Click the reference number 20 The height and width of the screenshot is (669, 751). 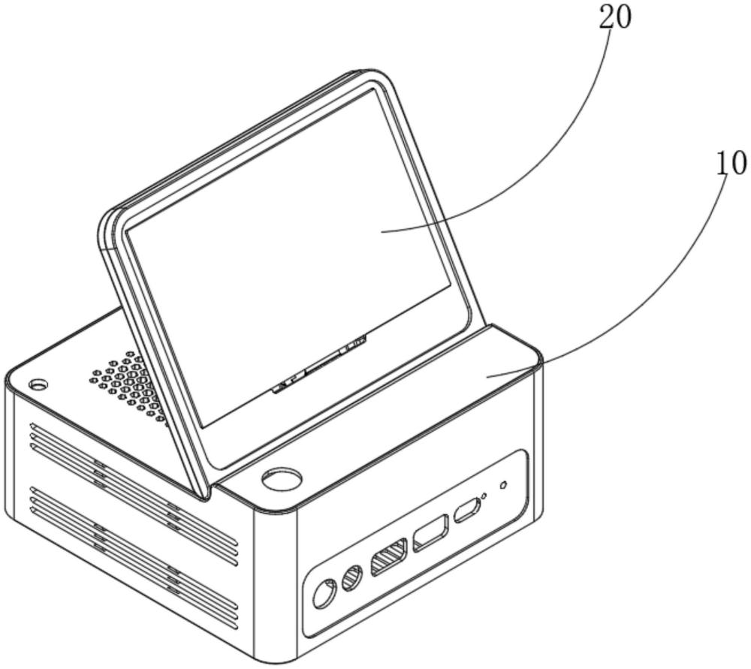pos(615,17)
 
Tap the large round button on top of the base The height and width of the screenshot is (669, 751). pos(282,479)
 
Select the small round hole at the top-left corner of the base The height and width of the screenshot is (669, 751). pos(38,384)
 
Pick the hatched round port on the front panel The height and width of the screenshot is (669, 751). pos(352,578)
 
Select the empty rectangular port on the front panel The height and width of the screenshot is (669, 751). pos(431,533)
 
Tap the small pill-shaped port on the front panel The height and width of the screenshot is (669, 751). pos(467,511)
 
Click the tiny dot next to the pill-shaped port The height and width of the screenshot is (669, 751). pos(484,496)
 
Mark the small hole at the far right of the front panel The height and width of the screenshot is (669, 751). pos(503,485)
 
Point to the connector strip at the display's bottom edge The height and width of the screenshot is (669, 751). pos(319,365)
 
